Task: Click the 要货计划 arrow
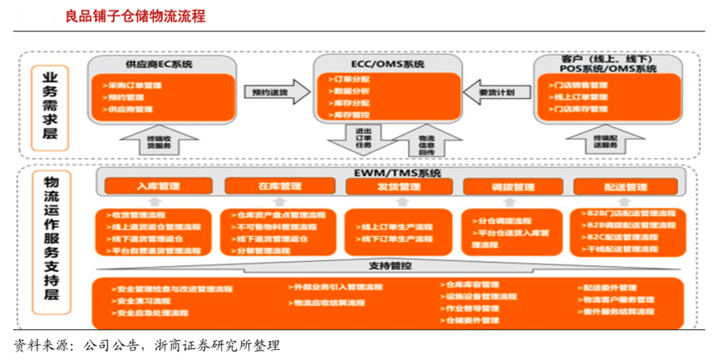[x=496, y=91]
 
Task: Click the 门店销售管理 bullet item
[x=581, y=86]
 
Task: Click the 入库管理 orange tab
[x=159, y=187]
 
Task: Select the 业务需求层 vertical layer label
[x=51, y=103]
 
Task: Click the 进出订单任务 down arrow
[x=363, y=140]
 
